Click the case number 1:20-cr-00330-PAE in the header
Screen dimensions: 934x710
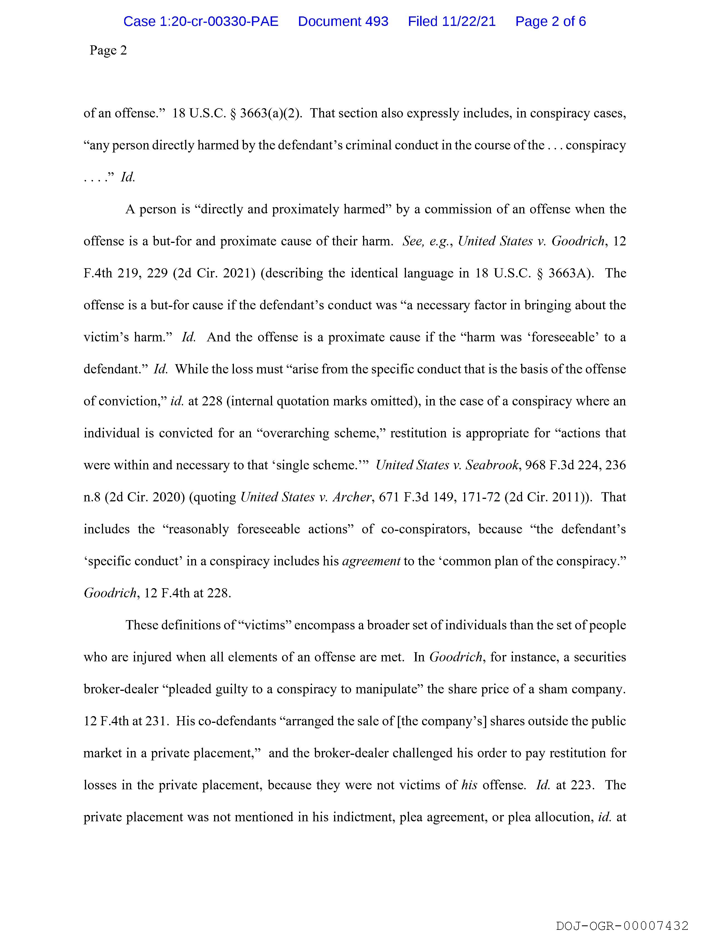point(201,21)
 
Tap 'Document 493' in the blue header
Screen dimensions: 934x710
point(343,21)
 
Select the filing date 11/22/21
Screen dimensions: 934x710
point(469,21)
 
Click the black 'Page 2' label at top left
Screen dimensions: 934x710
point(108,51)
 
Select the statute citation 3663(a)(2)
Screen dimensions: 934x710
point(270,114)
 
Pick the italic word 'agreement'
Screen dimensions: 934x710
point(371,561)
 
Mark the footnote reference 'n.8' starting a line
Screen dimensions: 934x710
point(92,497)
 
